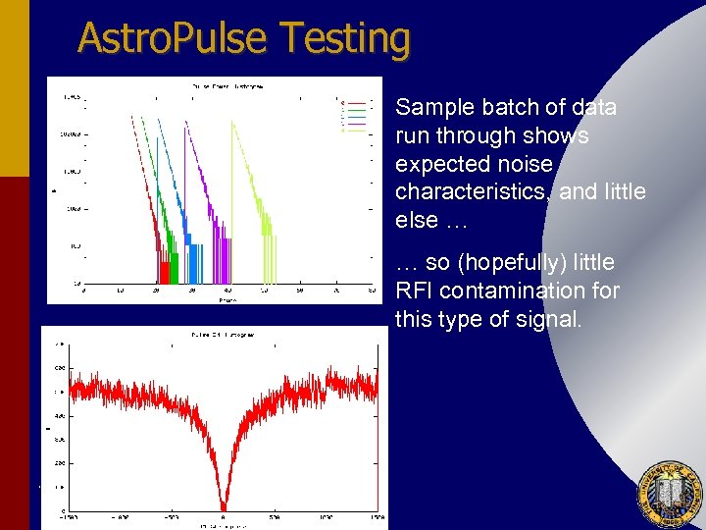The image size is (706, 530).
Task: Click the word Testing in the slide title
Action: click(x=344, y=39)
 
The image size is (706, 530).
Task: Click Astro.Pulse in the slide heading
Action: click(x=174, y=39)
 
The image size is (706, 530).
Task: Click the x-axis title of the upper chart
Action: click(x=227, y=300)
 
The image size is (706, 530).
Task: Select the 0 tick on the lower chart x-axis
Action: click(x=224, y=517)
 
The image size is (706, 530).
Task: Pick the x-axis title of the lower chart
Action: click(x=224, y=526)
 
